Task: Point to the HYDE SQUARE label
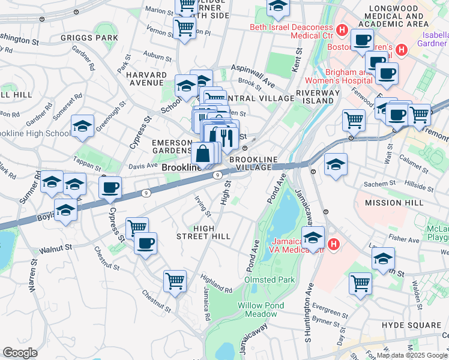click(412, 325)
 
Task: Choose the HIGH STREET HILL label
click(212, 232)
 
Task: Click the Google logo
click(20, 353)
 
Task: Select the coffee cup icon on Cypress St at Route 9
click(110, 188)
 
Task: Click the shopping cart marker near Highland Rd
click(175, 281)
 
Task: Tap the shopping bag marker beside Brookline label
click(203, 154)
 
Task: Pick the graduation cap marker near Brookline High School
click(82, 126)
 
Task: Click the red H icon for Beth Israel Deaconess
click(342, 29)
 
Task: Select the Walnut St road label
click(55, 247)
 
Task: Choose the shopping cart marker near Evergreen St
click(360, 283)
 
